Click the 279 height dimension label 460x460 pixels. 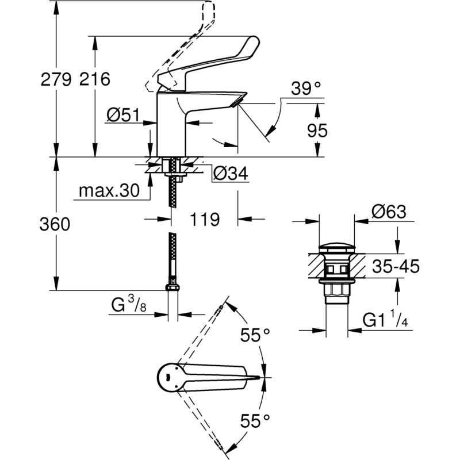(x=56, y=79)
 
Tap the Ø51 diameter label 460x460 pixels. (x=123, y=116)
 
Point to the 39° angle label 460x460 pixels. (x=305, y=89)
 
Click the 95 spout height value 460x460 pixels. (x=317, y=131)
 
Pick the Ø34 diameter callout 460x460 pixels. (x=230, y=173)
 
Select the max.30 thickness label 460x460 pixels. (x=109, y=190)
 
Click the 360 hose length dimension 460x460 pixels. (x=56, y=224)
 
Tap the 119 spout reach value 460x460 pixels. (x=205, y=219)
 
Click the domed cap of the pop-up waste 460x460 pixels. (x=337, y=250)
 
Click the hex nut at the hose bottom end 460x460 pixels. (x=171, y=288)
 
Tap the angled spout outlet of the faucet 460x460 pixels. (x=238, y=101)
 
